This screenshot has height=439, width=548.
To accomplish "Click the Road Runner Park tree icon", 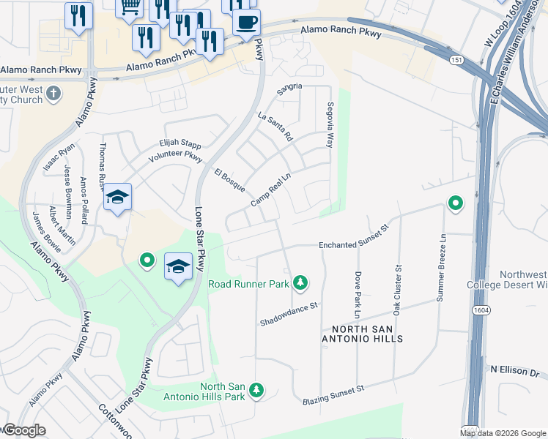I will coord(300,282).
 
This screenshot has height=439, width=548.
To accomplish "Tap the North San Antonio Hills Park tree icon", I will coord(256,391).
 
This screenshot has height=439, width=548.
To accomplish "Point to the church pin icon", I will coord(53,93).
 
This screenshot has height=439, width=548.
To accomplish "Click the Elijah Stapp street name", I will coord(180,144).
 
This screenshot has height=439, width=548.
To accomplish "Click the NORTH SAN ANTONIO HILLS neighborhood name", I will coord(363,334).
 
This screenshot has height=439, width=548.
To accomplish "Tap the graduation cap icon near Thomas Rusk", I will coord(117,197).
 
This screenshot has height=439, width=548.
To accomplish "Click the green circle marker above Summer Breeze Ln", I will coord(456,203).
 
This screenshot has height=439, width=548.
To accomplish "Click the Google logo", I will coord(23,430).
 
